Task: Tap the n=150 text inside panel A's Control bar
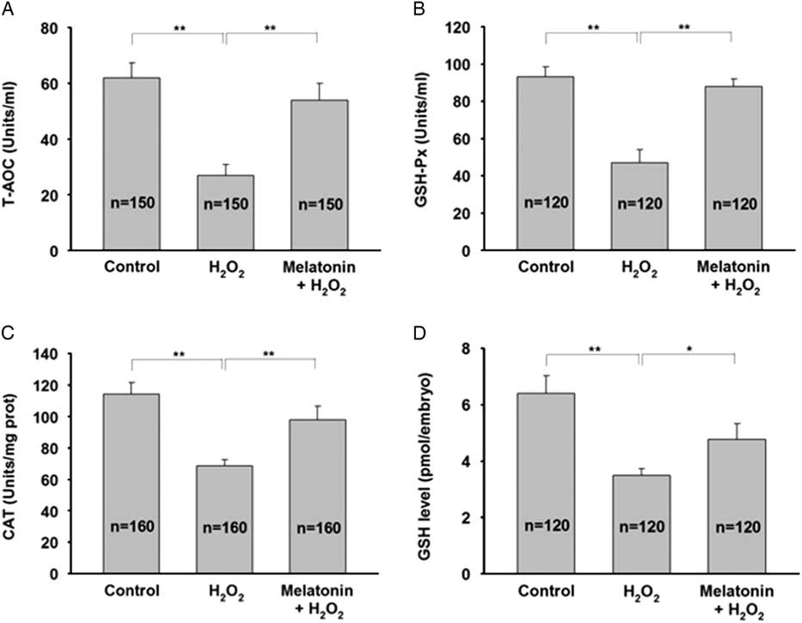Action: click(131, 205)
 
